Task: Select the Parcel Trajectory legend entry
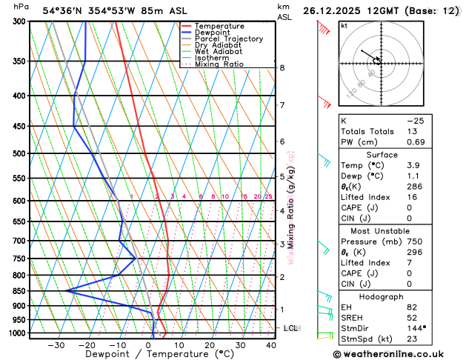pyautogui.click(x=228, y=39)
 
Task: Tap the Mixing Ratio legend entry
pyautogui.click(x=219, y=64)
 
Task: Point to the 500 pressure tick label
pyautogui.click(x=17, y=154)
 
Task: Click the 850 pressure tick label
pyautogui.click(x=17, y=291)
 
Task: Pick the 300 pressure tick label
pyautogui.click(x=17, y=21)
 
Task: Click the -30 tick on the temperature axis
pyautogui.click(x=56, y=345)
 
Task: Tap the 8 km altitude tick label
pyautogui.click(x=282, y=68)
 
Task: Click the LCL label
pyautogui.click(x=290, y=327)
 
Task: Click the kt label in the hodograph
pyautogui.click(x=344, y=25)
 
